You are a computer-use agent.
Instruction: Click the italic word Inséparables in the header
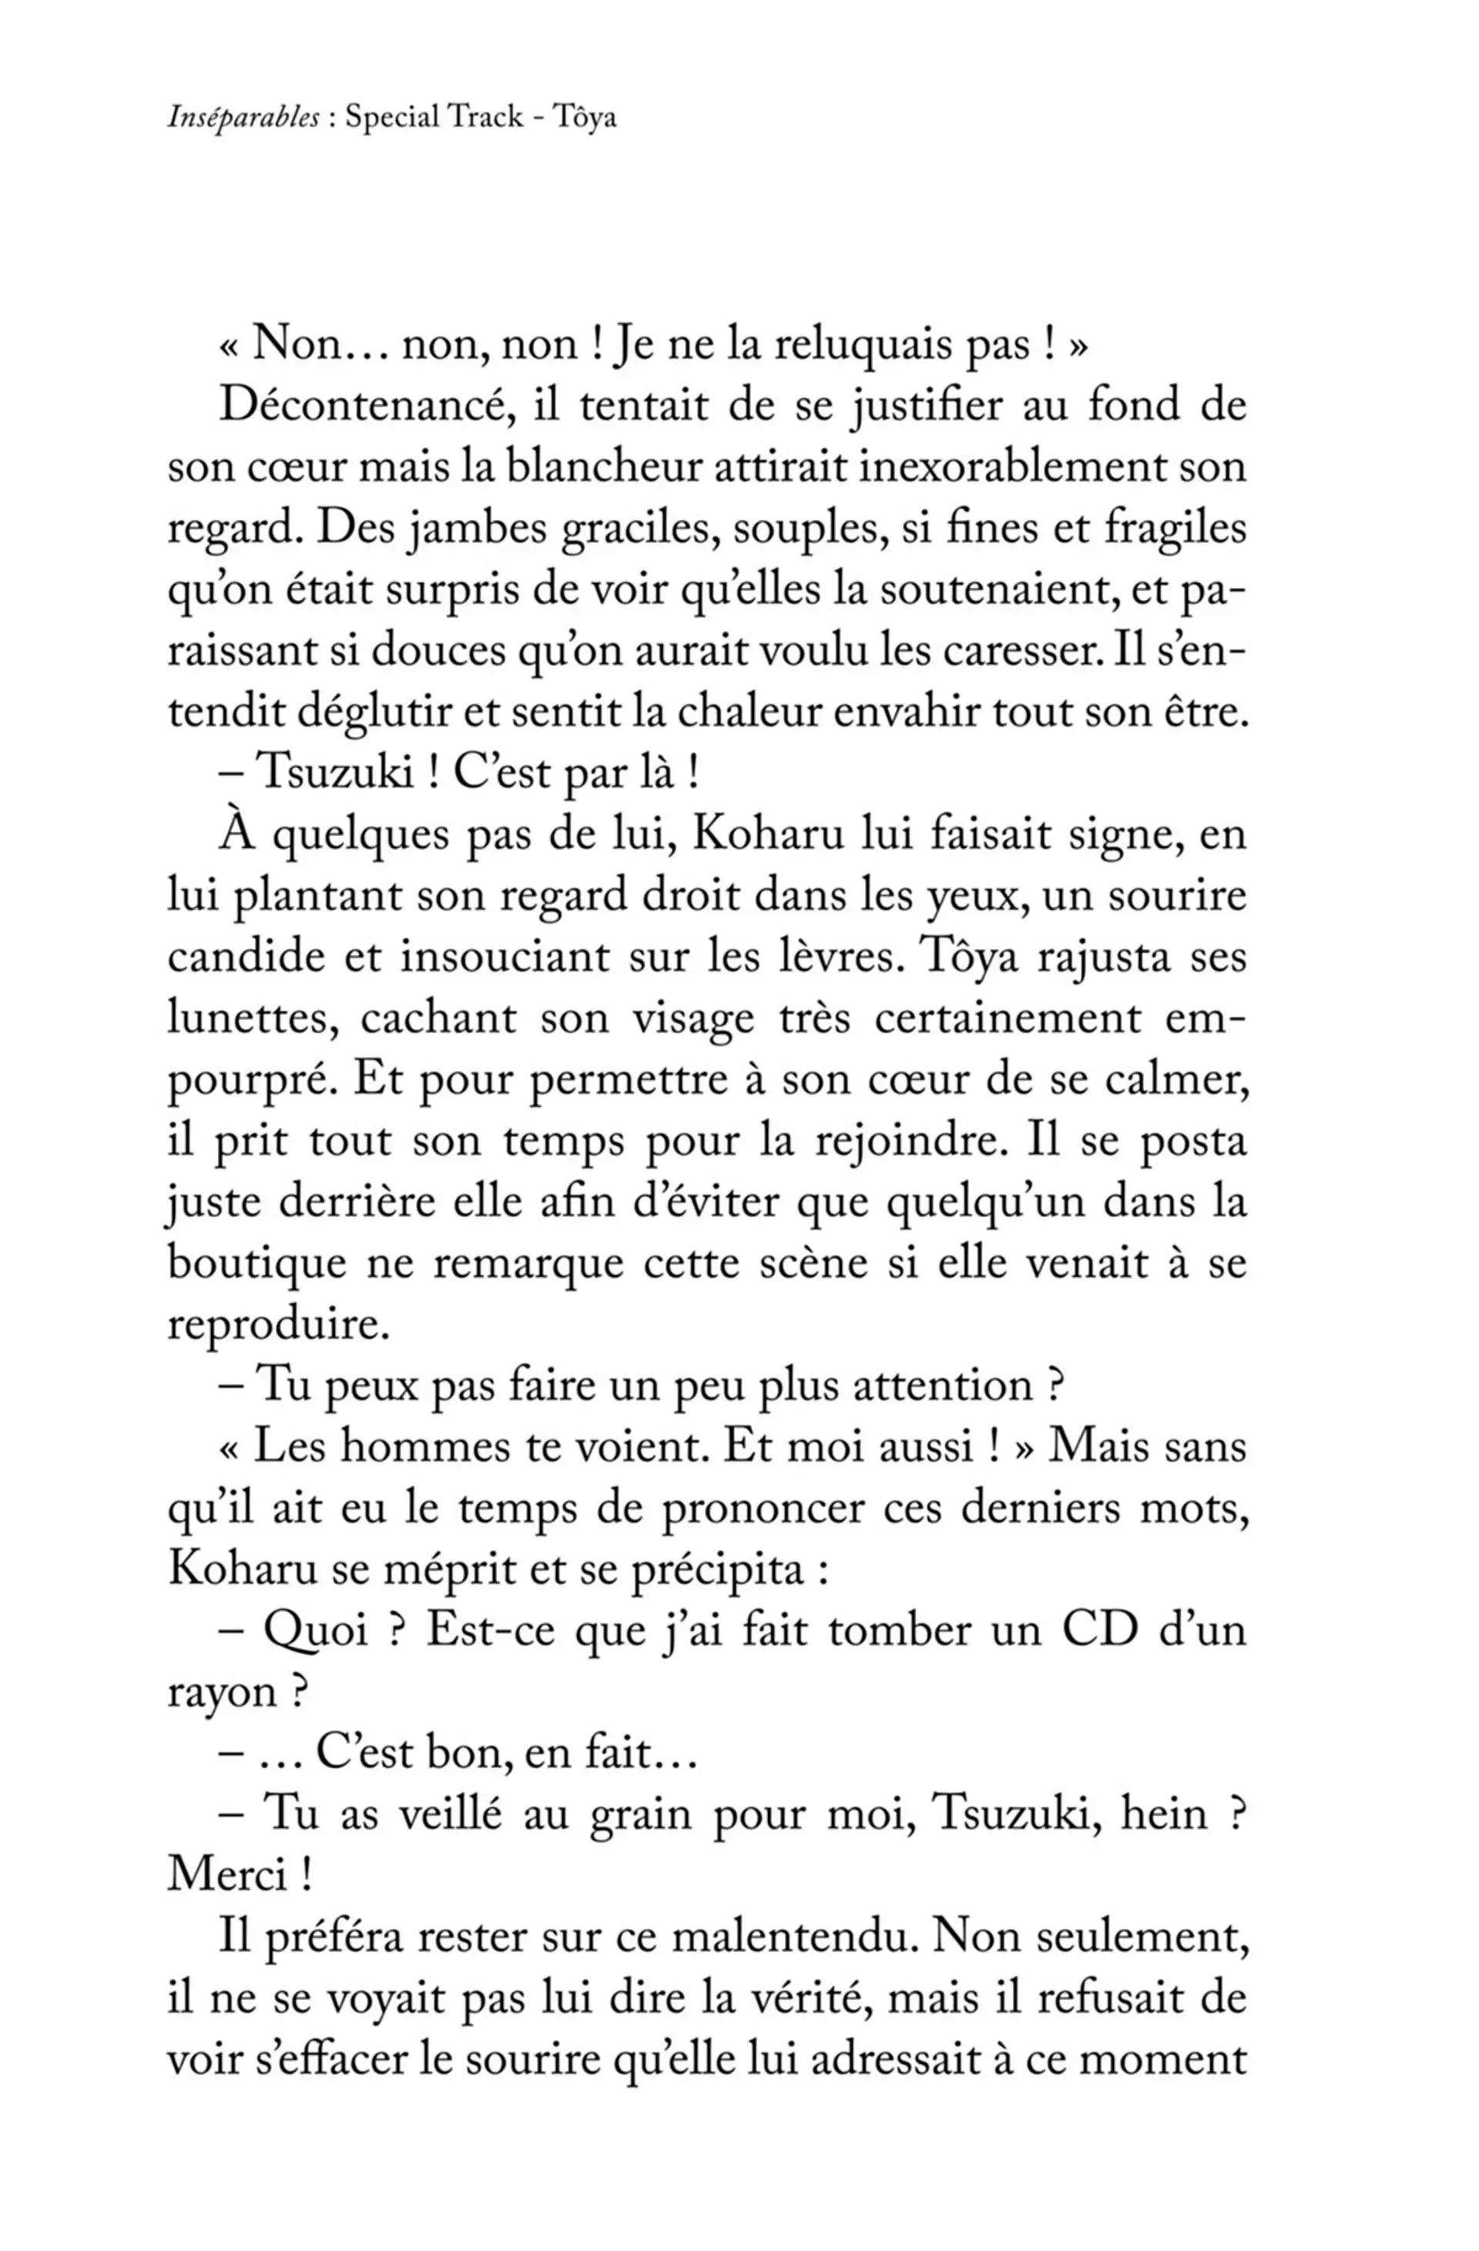point(243,118)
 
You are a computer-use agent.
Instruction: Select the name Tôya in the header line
point(586,118)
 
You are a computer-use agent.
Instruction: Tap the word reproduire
point(278,1326)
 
